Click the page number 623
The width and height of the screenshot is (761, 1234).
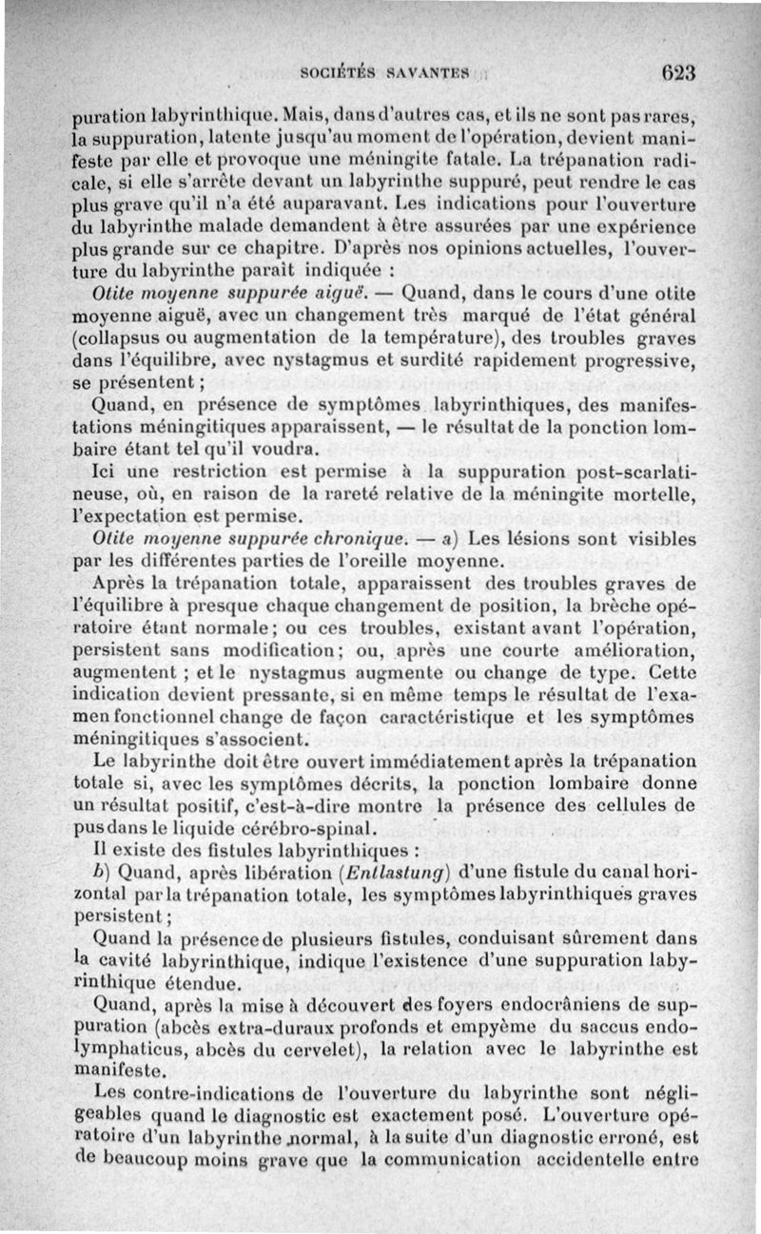[680, 73]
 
